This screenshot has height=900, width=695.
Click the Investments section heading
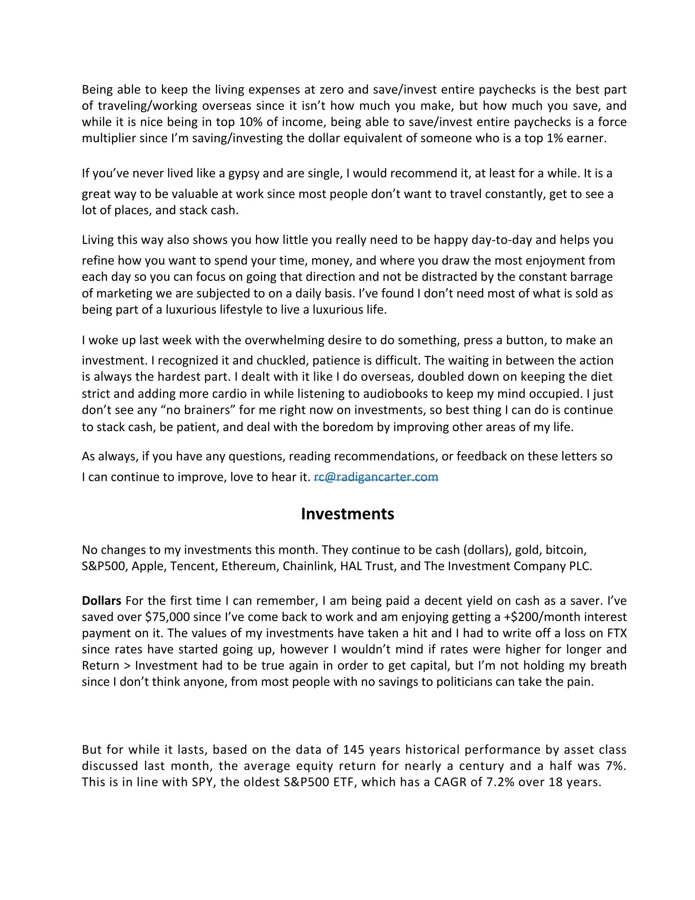(x=347, y=514)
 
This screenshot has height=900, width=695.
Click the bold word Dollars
(x=101, y=601)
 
